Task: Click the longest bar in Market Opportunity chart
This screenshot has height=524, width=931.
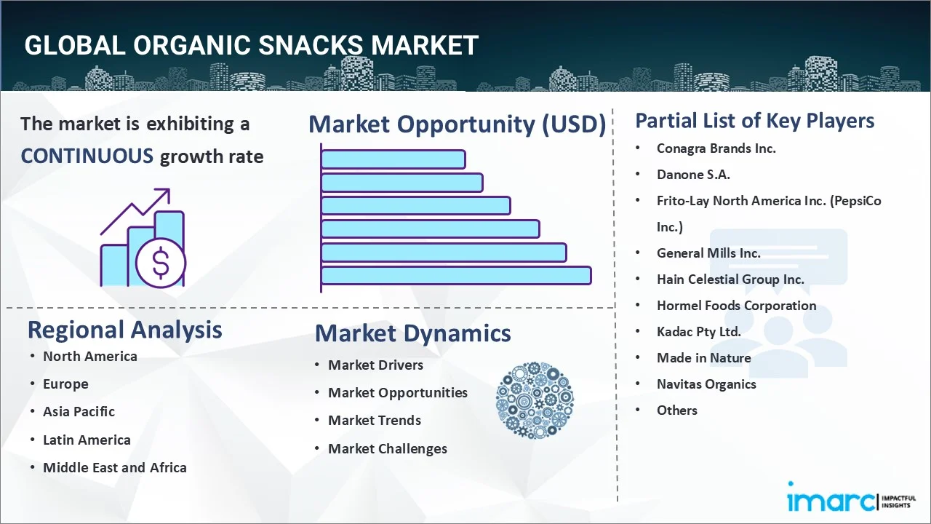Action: [x=455, y=275]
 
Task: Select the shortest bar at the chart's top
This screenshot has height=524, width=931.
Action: [x=393, y=159]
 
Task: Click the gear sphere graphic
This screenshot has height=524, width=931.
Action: [x=535, y=400]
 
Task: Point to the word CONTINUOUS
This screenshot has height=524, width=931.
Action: [x=87, y=156]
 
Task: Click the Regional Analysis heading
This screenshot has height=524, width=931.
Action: [x=124, y=330]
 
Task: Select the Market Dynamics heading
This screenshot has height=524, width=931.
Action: [x=412, y=333]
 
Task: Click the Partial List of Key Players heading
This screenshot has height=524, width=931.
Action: [x=754, y=120]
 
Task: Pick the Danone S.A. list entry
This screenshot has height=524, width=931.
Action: [x=692, y=175]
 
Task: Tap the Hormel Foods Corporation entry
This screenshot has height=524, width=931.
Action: [x=736, y=306]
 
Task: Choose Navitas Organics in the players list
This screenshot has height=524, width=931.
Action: [x=706, y=384]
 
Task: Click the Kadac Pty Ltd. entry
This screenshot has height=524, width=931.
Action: [x=698, y=332]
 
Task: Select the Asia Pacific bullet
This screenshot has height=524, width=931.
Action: [x=79, y=412]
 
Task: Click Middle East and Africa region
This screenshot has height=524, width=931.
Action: [x=114, y=468]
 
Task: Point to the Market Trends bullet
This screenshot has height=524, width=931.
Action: [x=374, y=421]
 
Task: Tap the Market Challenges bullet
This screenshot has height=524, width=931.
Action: [x=387, y=449]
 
